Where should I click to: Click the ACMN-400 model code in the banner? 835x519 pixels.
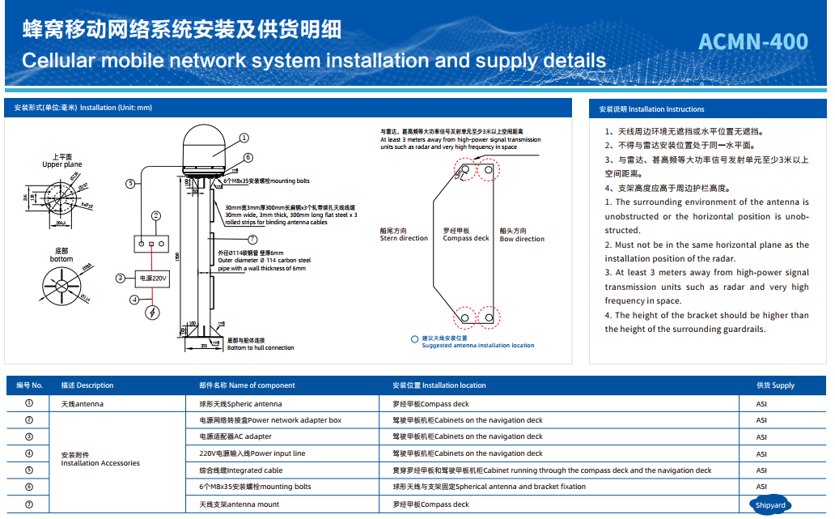click(x=752, y=42)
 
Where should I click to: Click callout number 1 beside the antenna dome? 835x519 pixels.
click(x=244, y=138)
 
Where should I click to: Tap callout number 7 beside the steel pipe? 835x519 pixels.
click(x=252, y=240)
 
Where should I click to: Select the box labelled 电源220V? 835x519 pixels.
click(x=152, y=279)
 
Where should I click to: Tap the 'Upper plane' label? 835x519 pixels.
click(x=62, y=164)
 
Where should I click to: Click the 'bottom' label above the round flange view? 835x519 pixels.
click(x=61, y=259)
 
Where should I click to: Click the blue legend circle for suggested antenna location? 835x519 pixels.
click(x=414, y=339)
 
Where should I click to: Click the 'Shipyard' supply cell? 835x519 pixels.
click(x=769, y=504)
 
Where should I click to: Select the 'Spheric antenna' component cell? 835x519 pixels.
click(x=240, y=403)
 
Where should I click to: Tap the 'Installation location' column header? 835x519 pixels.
click(x=439, y=385)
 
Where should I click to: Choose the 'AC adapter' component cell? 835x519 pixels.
click(x=235, y=436)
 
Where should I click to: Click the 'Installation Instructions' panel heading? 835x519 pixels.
click(x=651, y=109)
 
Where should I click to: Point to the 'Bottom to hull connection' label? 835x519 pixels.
click(x=261, y=347)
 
